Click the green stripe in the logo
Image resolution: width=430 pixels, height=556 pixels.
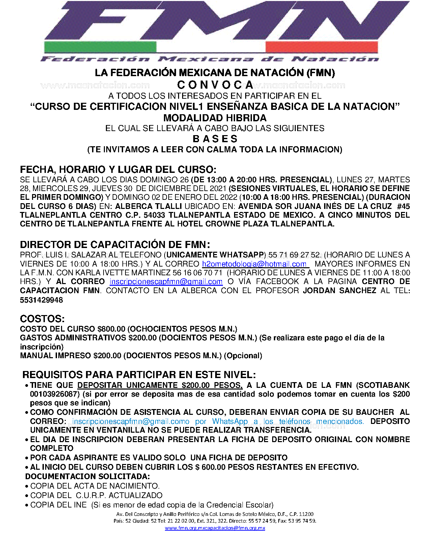[100, 47]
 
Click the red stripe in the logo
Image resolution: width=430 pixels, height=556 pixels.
[321, 47]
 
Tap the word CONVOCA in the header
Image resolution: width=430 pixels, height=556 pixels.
[215, 85]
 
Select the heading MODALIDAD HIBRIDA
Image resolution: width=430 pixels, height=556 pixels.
[215, 118]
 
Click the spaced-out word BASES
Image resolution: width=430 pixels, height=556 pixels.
[215, 139]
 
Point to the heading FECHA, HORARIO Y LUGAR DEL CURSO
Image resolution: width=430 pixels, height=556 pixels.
[118, 169]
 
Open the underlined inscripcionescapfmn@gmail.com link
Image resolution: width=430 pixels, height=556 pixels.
[166, 282]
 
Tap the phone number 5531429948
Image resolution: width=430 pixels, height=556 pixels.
[41, 300]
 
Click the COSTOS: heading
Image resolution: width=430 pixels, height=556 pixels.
[42, 319]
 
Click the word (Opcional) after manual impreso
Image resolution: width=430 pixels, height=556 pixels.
[243, 356]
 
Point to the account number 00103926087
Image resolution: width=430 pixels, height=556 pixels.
[55, 394]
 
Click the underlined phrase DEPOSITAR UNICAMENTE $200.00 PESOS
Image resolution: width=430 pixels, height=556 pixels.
[160, 385]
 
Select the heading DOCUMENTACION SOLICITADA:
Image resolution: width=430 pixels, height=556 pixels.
[88, 476]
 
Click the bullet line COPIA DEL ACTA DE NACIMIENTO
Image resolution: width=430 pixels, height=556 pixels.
[95, 486]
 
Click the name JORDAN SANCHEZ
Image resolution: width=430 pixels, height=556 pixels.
[339, 290]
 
